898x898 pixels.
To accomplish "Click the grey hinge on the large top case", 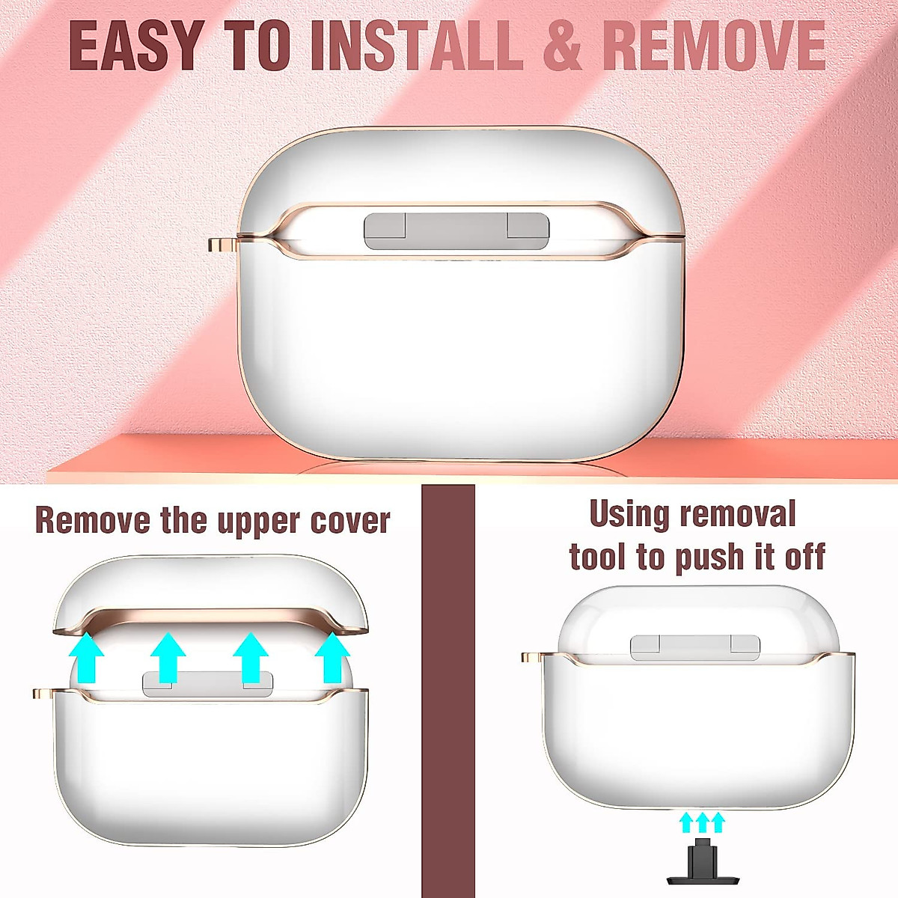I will tap(456, 230).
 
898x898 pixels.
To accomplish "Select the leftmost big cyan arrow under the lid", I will tap(88, 656).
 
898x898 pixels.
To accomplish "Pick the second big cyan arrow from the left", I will tap(168, 656).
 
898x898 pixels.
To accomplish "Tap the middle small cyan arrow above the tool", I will tap(702, 822).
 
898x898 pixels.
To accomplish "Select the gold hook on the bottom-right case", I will tap(532, 658).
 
